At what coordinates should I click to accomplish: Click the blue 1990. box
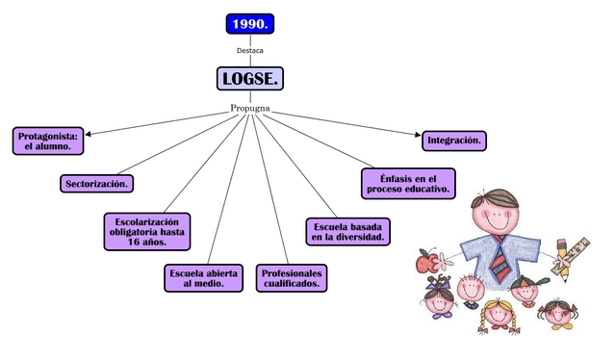(x=250, y=23)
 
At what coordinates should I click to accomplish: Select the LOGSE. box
(x=249, y=78)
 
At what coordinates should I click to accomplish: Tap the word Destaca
(x=250, y=50)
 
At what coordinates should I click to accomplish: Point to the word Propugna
(x=250, y=108)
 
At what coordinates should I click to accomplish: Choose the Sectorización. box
(x=97, y=183)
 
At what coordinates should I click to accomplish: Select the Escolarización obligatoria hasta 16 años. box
(x=147, y=232)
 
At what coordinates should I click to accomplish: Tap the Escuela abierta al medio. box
(x=204, y=277)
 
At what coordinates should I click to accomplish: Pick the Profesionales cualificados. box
(x=293, y=277)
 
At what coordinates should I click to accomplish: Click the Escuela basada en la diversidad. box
(x=348, y=231)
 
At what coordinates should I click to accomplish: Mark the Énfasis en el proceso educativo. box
(x=408, y=183)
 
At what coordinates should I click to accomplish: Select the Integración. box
(x=453, y=141)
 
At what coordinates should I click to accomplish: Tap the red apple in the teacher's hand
(x=424, y=259)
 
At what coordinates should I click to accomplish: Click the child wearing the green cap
(x=525, y=289)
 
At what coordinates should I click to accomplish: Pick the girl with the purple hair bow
(x=440, y=295)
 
